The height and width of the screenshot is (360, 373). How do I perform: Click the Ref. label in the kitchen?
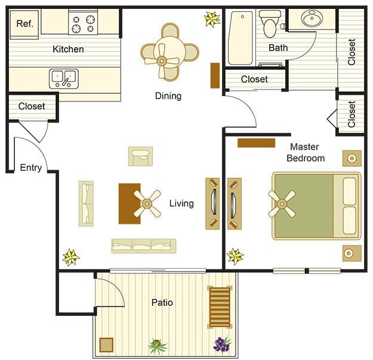pyautogui.click(x=24, y=24)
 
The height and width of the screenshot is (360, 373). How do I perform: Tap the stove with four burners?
pyautogui.click(x=84, y=24)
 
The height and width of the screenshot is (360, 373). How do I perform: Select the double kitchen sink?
pyautogui.click(x=64, y=76)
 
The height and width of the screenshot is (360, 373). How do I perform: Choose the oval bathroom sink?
pyautogui.click(x=312, y=20)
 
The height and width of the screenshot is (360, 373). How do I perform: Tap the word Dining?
pyautogui.click(x=168, y=96)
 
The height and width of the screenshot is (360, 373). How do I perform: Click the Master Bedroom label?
pyautogui.click(x=306, y=152)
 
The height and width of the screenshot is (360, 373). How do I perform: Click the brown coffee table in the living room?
pyautogui.click(x=129, y=203)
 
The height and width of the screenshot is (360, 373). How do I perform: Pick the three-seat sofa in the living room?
pyautogui.click(x=143, y=245)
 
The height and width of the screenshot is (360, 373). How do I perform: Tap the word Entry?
pyautogui.click(x=31, y=168)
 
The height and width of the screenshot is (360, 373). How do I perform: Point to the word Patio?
pyautogui.click(x=162, y=303)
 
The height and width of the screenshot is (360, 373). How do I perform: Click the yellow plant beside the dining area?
pyautogui.click(x=212, y=19)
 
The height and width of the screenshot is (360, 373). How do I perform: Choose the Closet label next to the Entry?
pyautogui.click(x=32, y=107)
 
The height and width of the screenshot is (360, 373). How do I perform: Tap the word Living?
pyautogui.click(x=181, y=204)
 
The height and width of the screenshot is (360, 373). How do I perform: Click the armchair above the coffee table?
pyautogui.click(x=140, y=156)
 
